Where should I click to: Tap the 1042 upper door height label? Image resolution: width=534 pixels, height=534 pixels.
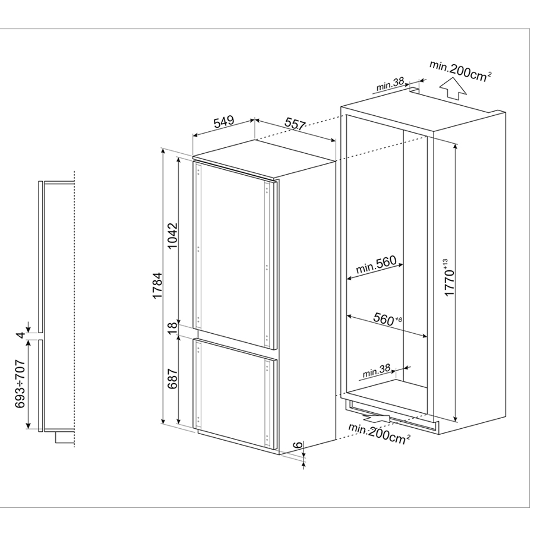click(x=173, y=236)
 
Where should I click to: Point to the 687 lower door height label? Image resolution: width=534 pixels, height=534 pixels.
click(x=173, y=378)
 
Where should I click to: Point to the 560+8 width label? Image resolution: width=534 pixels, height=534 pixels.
click(x=388, y=319)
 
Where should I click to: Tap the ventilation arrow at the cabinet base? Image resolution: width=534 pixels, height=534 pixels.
click(x=377, y=420)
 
